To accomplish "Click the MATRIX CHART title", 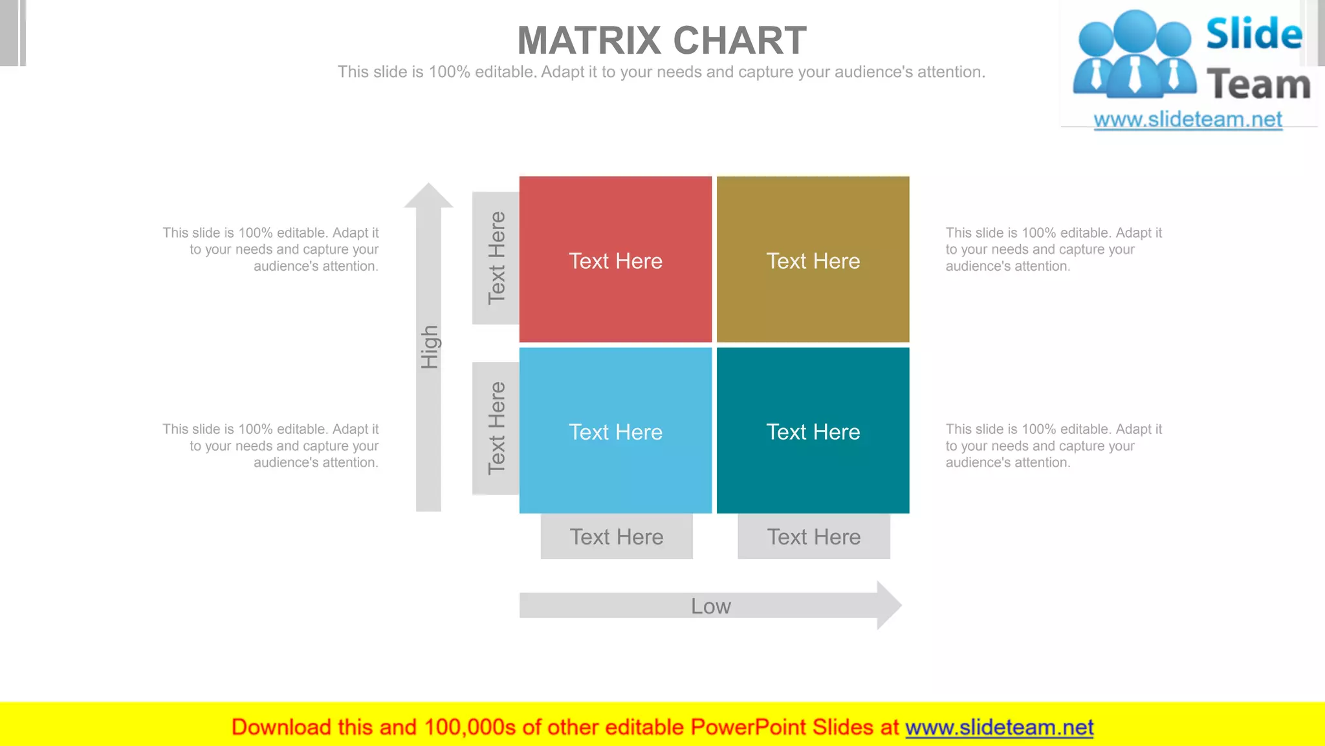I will point(662,40).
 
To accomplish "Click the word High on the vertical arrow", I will point(430,347).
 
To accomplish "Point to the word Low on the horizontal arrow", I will point(710,606).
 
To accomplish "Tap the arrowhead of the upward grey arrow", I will point(428,196).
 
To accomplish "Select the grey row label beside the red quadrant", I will point(496,258).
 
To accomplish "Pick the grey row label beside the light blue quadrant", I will point(496,428).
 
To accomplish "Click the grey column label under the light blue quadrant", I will point(617,537).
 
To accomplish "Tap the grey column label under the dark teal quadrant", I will point(814,537).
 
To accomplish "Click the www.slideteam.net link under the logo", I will point(1188,119).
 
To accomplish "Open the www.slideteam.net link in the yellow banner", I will point(999,727).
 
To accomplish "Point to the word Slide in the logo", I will point(1254,34).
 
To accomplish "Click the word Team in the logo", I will point(1258,85).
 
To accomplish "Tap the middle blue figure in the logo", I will point(1135,55).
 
